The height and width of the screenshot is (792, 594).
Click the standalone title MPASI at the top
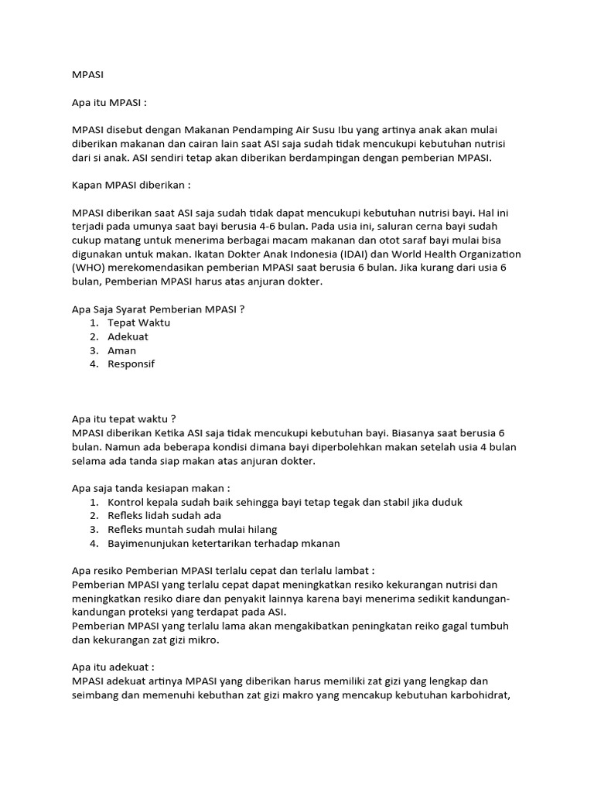pyautogui.click(x=87, y=76)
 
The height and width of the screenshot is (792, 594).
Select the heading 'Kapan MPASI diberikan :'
pyautogui.click(x=131, y=186)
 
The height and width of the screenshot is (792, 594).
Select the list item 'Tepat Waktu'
pyautogui.click(x=139, y=323)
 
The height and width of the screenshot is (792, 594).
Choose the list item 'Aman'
pyautogui.click(x=121, y=350)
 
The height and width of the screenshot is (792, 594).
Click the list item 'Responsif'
pyautogui.click(x=131, y=364)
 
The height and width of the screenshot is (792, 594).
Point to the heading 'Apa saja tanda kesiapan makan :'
pyautogui.click(x=151, y=488)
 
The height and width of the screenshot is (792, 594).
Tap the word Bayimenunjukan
pyautogui.click(x=148, y=543)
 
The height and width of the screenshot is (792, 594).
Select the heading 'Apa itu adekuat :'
pyautogui.click(x=114, y=666)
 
